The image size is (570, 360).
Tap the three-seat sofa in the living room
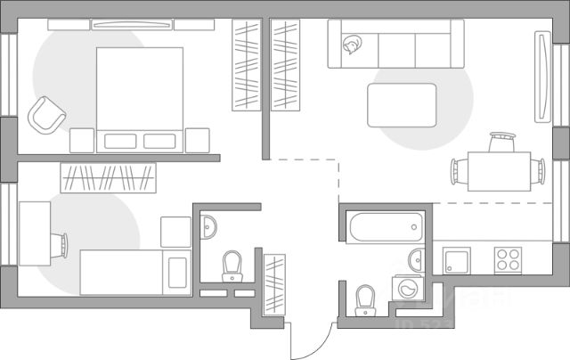pos(396,45)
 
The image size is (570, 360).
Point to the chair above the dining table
pos(502,140)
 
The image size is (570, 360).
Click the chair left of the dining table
pos(457,169)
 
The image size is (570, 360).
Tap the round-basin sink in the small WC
pos(209,227)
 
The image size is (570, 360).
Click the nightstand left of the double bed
pos(82,140)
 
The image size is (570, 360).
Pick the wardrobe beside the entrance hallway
pos(274,283)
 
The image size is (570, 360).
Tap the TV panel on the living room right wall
pos(541,76)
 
